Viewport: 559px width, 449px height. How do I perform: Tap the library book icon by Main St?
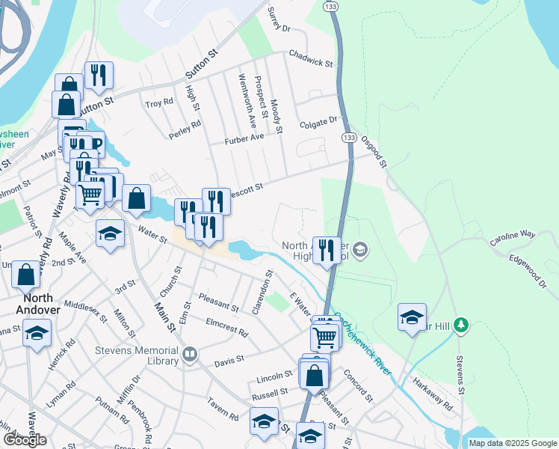(x=191, y=354)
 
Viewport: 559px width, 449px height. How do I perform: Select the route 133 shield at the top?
(x=330, y=6)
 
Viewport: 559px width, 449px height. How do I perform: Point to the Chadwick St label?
(x=310, y=59)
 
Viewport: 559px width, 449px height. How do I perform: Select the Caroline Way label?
(x=513, y=239)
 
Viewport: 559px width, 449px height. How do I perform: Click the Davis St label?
(x=229, y=361)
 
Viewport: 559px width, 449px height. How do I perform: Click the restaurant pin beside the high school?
(x=327, y=250)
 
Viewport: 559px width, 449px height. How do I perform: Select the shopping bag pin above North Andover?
(x=26, y=275)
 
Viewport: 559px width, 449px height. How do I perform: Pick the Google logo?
(x=25, y=440)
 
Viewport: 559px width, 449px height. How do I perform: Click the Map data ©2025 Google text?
(x=512, y=443)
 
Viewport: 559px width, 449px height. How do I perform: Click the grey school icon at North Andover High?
(x=360, y=250)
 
